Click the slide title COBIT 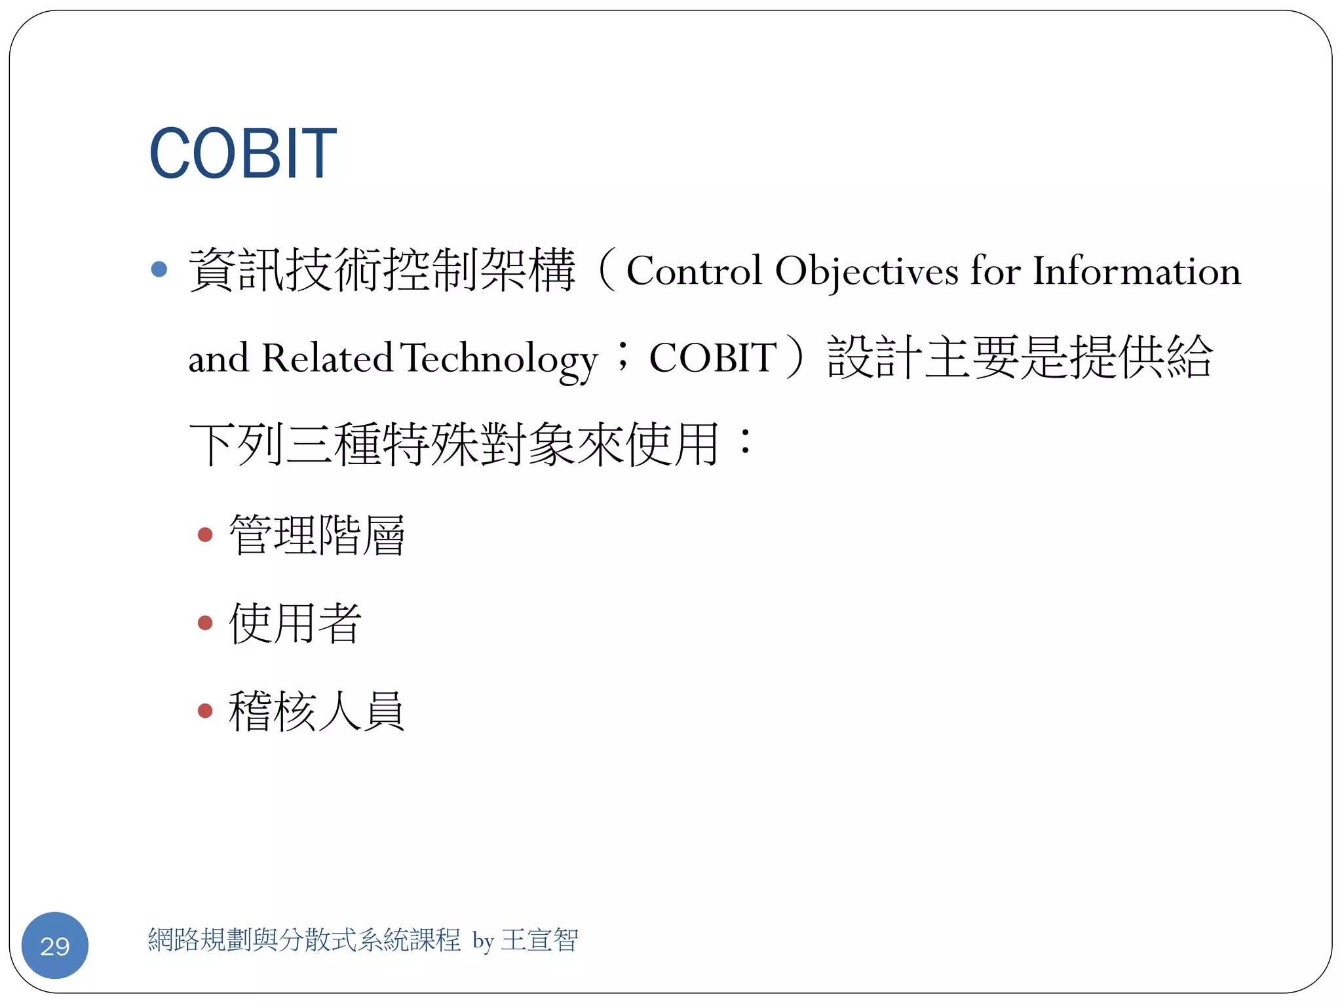[x=242, y=153]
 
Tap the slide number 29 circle [x=55, y=945]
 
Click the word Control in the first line [x=694, y=271]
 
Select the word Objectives [x=866, y=271]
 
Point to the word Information [x=1137, y=271]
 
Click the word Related [x=327, y=358]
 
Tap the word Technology [x=499, y=359]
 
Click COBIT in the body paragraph [x=713, y=358]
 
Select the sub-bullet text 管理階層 [x=317, y=535]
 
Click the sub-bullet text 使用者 [x=296, y=623]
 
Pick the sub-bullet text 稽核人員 [x=317, y=711]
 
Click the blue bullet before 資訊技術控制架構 [x=159, y=269]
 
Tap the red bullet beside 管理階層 [x=205, y=535]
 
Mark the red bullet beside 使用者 [x=205, y=623]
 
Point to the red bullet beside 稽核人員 [x=205, y=711]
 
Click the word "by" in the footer [x=483, y=941]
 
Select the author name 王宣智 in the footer [x=540, y=940]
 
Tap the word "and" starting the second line [x=219, y=359]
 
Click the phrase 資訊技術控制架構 [x=382, y=269]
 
